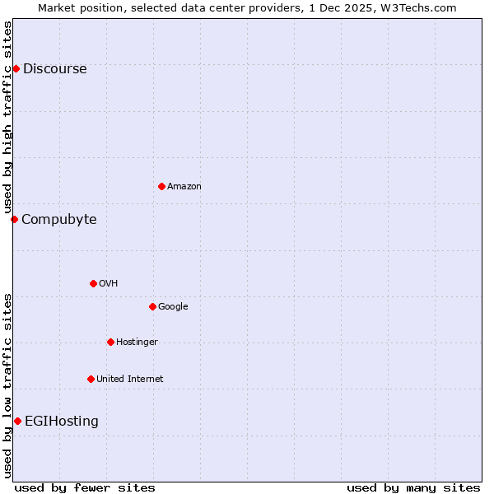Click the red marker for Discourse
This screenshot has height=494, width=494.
click(16, 68)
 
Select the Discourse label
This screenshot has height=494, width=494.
click(54, 69)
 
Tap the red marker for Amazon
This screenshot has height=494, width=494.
click(161, 186)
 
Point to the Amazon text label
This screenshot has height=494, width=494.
click(184, 187)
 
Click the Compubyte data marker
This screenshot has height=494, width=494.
click(14, 219)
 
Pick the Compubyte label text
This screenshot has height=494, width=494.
click(58, 220)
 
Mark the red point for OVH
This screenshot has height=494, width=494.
click(93, 283)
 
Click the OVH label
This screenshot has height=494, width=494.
click(109, 284)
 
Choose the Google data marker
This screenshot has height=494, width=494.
click(152, 306)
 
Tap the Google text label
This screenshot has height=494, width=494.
click(173, 307)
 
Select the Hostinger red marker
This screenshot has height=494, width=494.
click(110, 342)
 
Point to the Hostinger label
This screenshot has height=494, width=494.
click(137, 343)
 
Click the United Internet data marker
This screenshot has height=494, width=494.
click(91, 379)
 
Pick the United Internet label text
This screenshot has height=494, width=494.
click(130, 380)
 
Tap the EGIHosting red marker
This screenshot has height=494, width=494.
click(17, 421)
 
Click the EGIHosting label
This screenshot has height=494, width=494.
click(62, 422)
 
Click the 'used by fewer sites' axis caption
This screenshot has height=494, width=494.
click(85, 487)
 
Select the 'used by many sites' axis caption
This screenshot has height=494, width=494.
click(413, 487)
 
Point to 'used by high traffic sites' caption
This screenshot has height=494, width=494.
click(8, 118)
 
